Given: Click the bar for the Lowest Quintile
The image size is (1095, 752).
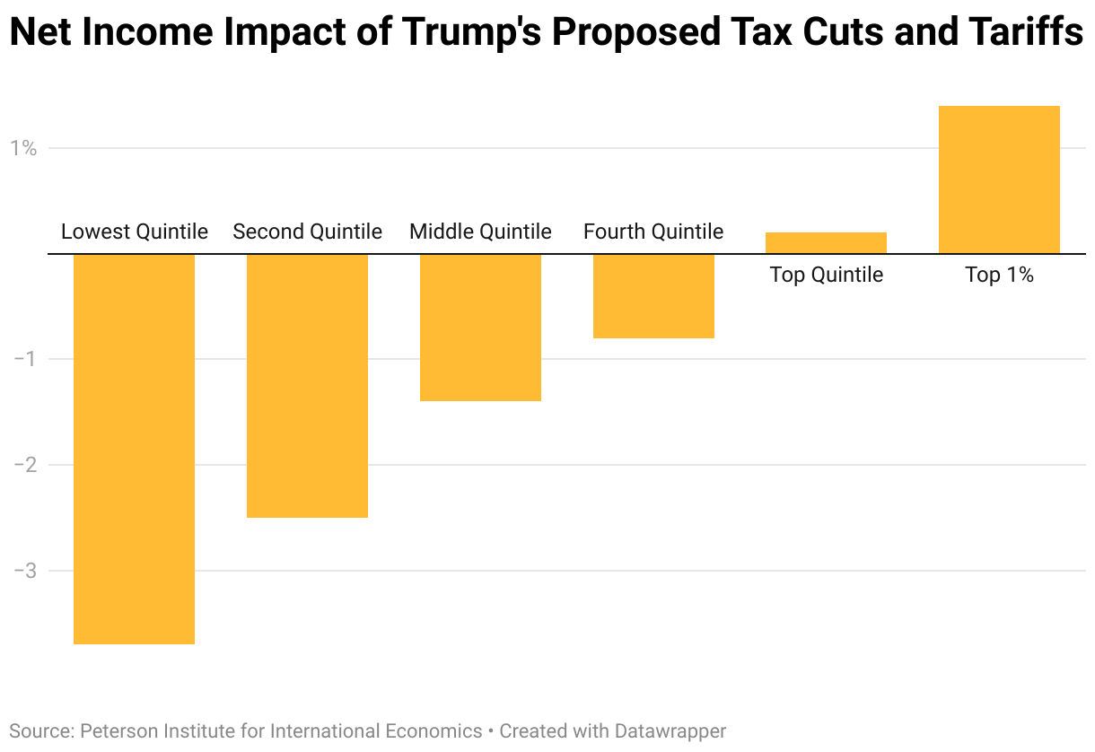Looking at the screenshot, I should [x=134, y=449].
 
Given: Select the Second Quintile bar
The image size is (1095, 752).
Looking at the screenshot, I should [x=307, y=386].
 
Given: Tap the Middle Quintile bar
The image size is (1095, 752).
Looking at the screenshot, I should [x=480, y=328].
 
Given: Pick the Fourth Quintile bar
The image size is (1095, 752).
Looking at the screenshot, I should [x=653, y=296].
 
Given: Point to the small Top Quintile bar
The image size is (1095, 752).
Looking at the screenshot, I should [x=826, y=243].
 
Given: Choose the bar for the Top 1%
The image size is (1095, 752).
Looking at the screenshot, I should [x=999, y=179].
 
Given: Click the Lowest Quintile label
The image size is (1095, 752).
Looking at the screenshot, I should [x=135, y=232].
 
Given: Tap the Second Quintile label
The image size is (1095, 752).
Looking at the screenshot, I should [x=307, y=232].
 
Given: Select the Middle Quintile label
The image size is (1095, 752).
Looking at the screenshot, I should [x=480, y=232].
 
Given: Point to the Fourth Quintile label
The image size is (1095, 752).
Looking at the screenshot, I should [x=653, y=232].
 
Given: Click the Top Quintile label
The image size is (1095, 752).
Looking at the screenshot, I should [x=826, y=275].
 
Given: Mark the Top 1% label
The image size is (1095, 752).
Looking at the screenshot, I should [x=999, y=275].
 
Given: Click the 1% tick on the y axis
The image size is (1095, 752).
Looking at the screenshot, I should [x=23, y=148].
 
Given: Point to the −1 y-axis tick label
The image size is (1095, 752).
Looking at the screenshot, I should [x=24, y=359].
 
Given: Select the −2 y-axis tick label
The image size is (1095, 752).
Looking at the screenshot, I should [x=24, y=465].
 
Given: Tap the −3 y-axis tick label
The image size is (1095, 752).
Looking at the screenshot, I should [x=24, y=571].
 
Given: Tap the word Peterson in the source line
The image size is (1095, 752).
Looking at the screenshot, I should [x=114, y=731].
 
